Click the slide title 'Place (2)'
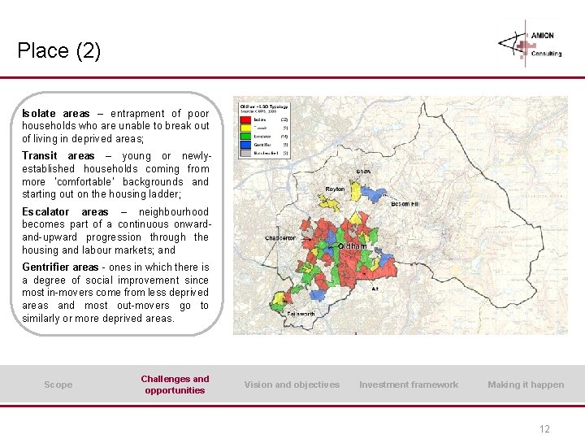click(58, 51)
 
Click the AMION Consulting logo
click(531, 42)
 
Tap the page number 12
click(544, 429)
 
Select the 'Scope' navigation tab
click(58, 385)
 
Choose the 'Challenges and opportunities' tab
click(175, 385)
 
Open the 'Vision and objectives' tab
click(292, 385)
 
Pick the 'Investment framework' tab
click(409, 385)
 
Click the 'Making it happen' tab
click(525, 385)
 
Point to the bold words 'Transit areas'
click(58, 156)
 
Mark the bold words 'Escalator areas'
click(65, 211)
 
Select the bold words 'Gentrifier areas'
click(60, 267)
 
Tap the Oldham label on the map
click(352, 246)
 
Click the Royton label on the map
click(335, 189)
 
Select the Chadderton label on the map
click(280, 238)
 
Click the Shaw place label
click(364, 172)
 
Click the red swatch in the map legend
click(245, 120)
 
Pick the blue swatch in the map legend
click(245, 144)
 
